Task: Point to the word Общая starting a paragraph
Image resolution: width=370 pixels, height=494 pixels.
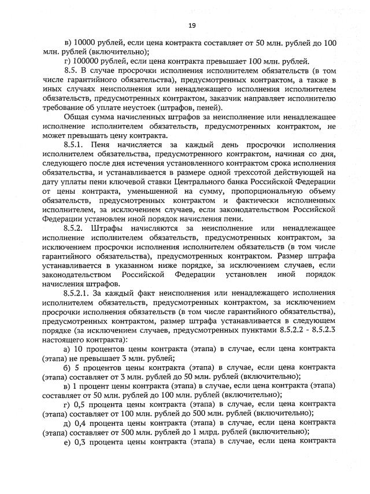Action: (x=75, y=117)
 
